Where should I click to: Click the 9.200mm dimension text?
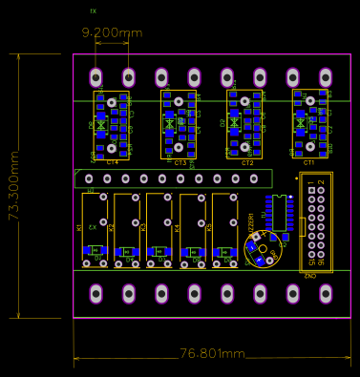point(112,33)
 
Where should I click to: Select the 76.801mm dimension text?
point(212,354)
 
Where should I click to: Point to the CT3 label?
point(180,163)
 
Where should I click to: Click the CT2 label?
point(247,163)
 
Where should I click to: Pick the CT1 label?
point(308,163)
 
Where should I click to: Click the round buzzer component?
point(260,250)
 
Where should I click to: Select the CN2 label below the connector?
point(311,276)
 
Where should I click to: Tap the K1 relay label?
point(80,227)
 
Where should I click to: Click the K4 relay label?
point(178,227)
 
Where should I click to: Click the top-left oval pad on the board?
point(95,77)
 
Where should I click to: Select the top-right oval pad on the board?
point(326,77)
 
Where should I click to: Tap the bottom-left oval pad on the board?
point(95,293)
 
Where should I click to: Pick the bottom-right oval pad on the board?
point(326,293)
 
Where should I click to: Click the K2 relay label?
point(112,227)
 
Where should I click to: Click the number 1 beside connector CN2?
point(311,181)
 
